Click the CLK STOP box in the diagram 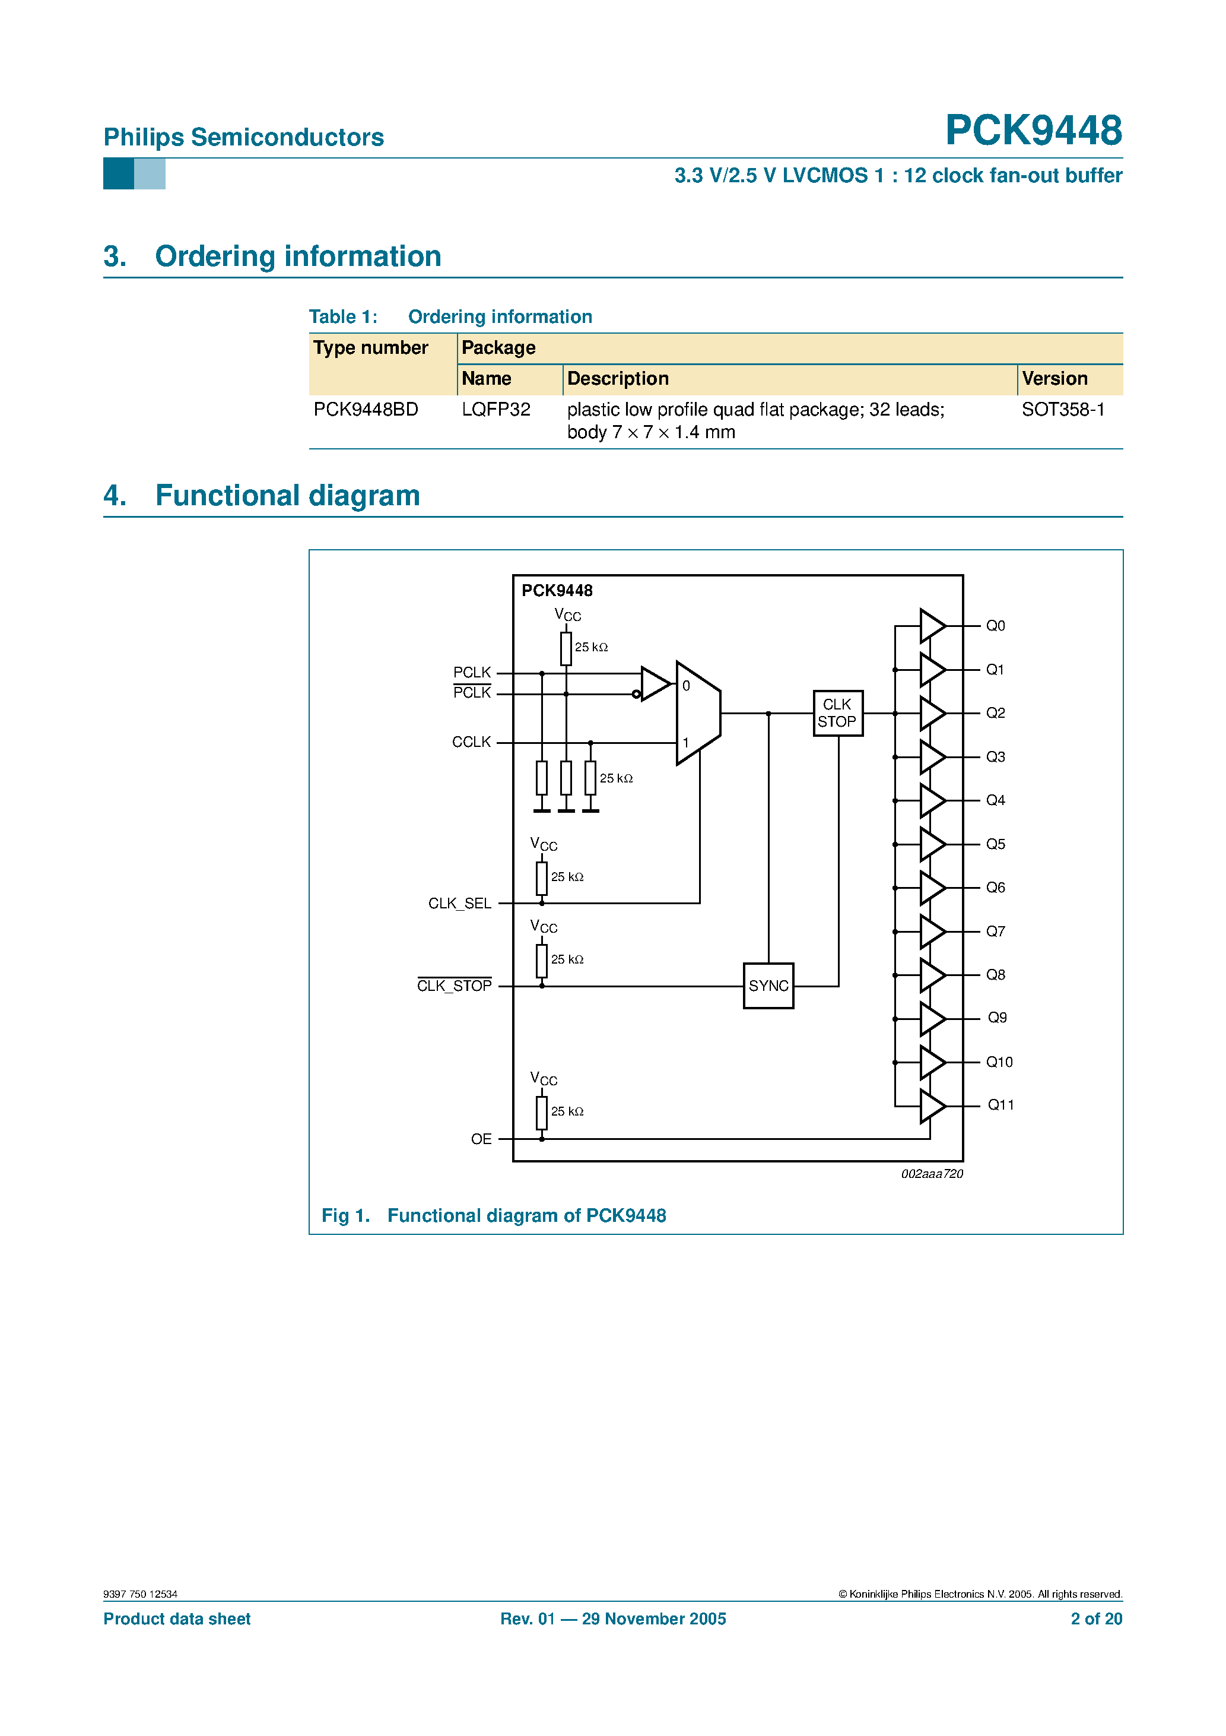[x=837, y=713]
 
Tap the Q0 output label [x=995, y=626]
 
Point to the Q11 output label [x=1000, y=1105]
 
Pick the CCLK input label [x=471, y=743]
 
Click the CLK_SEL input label [x=459, y=904]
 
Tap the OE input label [x=481, y=1139]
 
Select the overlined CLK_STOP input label [x=455, y=986]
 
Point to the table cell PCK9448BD [x=366, y=410]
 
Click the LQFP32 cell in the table [x=496, y=410]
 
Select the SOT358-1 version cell [x=1063, y=410]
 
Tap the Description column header [x=618, y=379]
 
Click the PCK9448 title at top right [x=1033, y=130]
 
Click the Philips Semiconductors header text [x=243, y=138]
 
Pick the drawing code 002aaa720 [x=931, y=1174]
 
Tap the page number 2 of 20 [x=1095, y=1619]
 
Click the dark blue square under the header [x=119, y=174]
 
